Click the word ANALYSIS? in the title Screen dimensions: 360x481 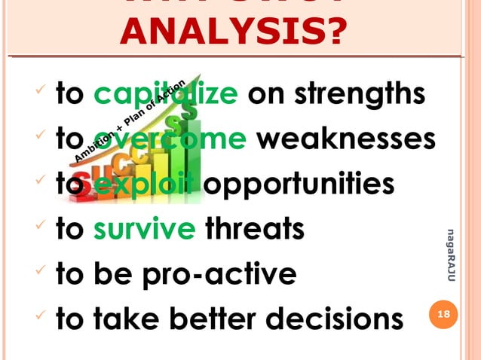click(x=232, y=31)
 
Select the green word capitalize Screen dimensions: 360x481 click(x=167, y=96)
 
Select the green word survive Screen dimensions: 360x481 click(x=143, y=228)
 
